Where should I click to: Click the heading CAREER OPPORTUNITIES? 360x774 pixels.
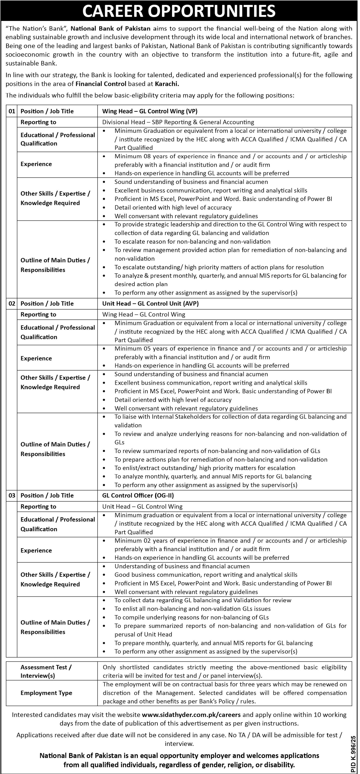point(179,11)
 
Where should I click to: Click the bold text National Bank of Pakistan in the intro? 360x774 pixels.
point(110,29)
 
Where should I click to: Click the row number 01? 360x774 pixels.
point(12,111)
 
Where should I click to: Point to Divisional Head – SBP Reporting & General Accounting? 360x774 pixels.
point(178,122)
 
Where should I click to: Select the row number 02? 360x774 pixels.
point(12,303)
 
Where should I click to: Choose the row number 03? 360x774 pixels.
point(12,495)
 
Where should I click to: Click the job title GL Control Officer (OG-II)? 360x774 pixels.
point(138,495)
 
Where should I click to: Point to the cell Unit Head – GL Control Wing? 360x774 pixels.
point(142,507)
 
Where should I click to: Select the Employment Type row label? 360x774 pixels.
point(46,693)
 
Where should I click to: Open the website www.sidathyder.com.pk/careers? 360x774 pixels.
point(191,715)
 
